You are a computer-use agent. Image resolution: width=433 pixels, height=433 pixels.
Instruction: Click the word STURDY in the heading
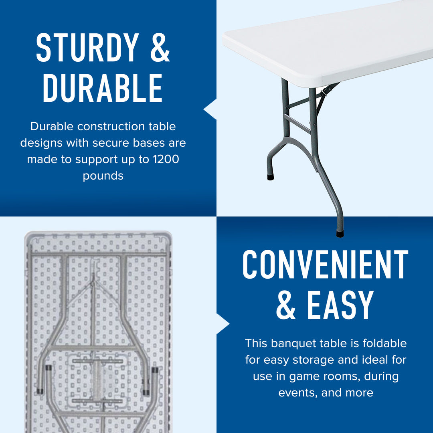pos(87,48)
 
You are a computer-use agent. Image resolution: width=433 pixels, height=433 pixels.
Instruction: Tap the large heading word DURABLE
pos(103,87)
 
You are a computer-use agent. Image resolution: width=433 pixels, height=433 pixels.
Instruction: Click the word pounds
pos(103,176)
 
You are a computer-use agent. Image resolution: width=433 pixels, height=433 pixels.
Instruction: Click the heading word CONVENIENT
pos(325,265)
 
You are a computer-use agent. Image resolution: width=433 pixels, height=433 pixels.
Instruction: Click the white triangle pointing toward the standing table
pos(210,109)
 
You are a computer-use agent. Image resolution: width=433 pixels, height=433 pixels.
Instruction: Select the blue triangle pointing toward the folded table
pos(223,324)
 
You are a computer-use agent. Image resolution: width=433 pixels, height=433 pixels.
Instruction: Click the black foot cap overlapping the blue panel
pos(340,234)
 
